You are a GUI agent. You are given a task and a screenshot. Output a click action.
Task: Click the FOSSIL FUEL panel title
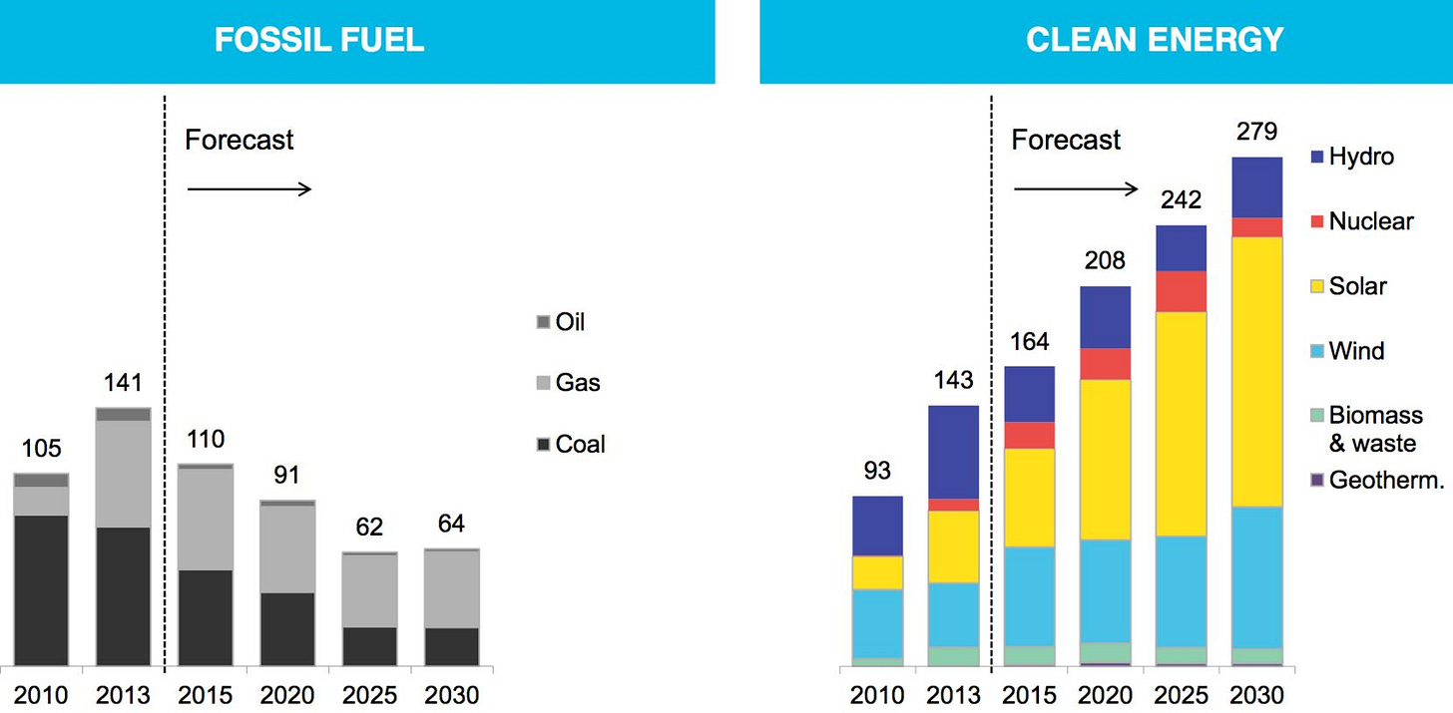point(319,39)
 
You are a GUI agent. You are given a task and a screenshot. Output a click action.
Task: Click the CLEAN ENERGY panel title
point(1155,39)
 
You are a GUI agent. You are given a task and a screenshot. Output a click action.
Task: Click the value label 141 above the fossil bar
point(123,383)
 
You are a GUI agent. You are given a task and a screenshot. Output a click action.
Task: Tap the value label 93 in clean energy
point(877,470)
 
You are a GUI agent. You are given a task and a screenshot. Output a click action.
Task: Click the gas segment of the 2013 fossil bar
point(123,474)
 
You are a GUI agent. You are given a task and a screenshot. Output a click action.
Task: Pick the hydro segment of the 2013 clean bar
point(953,452)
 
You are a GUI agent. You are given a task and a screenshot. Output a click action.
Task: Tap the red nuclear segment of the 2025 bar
point(1181,291)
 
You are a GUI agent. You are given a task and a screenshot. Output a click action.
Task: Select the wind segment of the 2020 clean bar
point(1105,590)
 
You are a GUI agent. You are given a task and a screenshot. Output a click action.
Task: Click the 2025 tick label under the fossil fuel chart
point(369,694)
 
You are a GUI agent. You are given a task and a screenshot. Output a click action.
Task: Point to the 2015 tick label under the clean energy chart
point(1029,694)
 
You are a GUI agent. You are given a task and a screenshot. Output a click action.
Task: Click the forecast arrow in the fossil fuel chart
point(249,188)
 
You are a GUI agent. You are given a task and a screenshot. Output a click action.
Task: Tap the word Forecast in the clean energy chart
point(1066,140)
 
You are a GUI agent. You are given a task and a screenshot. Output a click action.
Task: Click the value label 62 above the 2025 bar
point(369,528)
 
